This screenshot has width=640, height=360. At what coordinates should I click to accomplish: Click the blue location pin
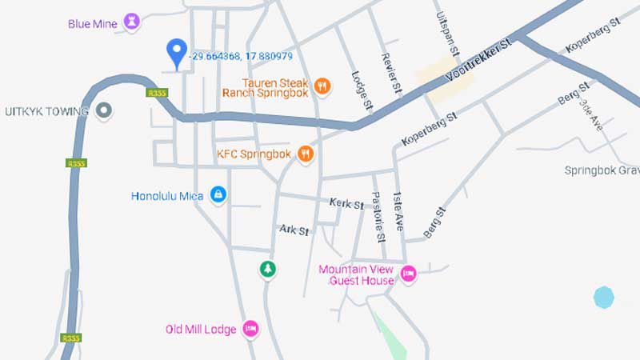pyautogui.click(x=177, y=52)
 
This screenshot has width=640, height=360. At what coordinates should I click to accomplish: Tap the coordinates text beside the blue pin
pyautogui.click(x=241, y=56)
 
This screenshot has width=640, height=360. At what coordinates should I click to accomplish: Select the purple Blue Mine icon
pyautogui.click(x=133, y=22)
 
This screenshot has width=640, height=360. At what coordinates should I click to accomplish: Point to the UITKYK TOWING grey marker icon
pyautogui.click(x=103, y=110)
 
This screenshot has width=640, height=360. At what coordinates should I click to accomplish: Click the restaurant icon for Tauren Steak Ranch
pyautogui.click(x=322, y=86)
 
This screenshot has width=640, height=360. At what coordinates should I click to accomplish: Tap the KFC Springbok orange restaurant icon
pyautogui.click(x=305, y=154)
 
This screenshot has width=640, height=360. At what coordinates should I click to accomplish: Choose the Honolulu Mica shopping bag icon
pyautogui.click(x=218, y=194)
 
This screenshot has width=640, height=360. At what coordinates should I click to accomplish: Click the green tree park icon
pyautogui.click(x=267, y=269)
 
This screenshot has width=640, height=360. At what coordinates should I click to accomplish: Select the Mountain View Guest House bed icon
pyautogui.click(x=408, y=274)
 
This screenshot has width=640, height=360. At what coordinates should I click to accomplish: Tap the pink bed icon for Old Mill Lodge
pyautogui.click(x=250, y=328)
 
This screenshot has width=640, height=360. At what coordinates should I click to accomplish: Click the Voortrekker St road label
pyautogui.click(x=478, y=62)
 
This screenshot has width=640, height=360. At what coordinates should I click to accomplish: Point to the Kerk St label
pyautogui.click(x=346, y=203)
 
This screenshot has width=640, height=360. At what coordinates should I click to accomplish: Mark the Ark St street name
pyautogui.click(x=294, y=230)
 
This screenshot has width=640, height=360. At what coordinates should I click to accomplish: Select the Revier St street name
pyautogui.click(x=390, y=74)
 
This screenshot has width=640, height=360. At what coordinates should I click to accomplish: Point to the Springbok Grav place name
pyautogui.click(x=602, y=170)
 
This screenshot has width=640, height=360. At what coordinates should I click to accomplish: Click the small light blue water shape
pyautogui.click(x=604, y=298)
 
